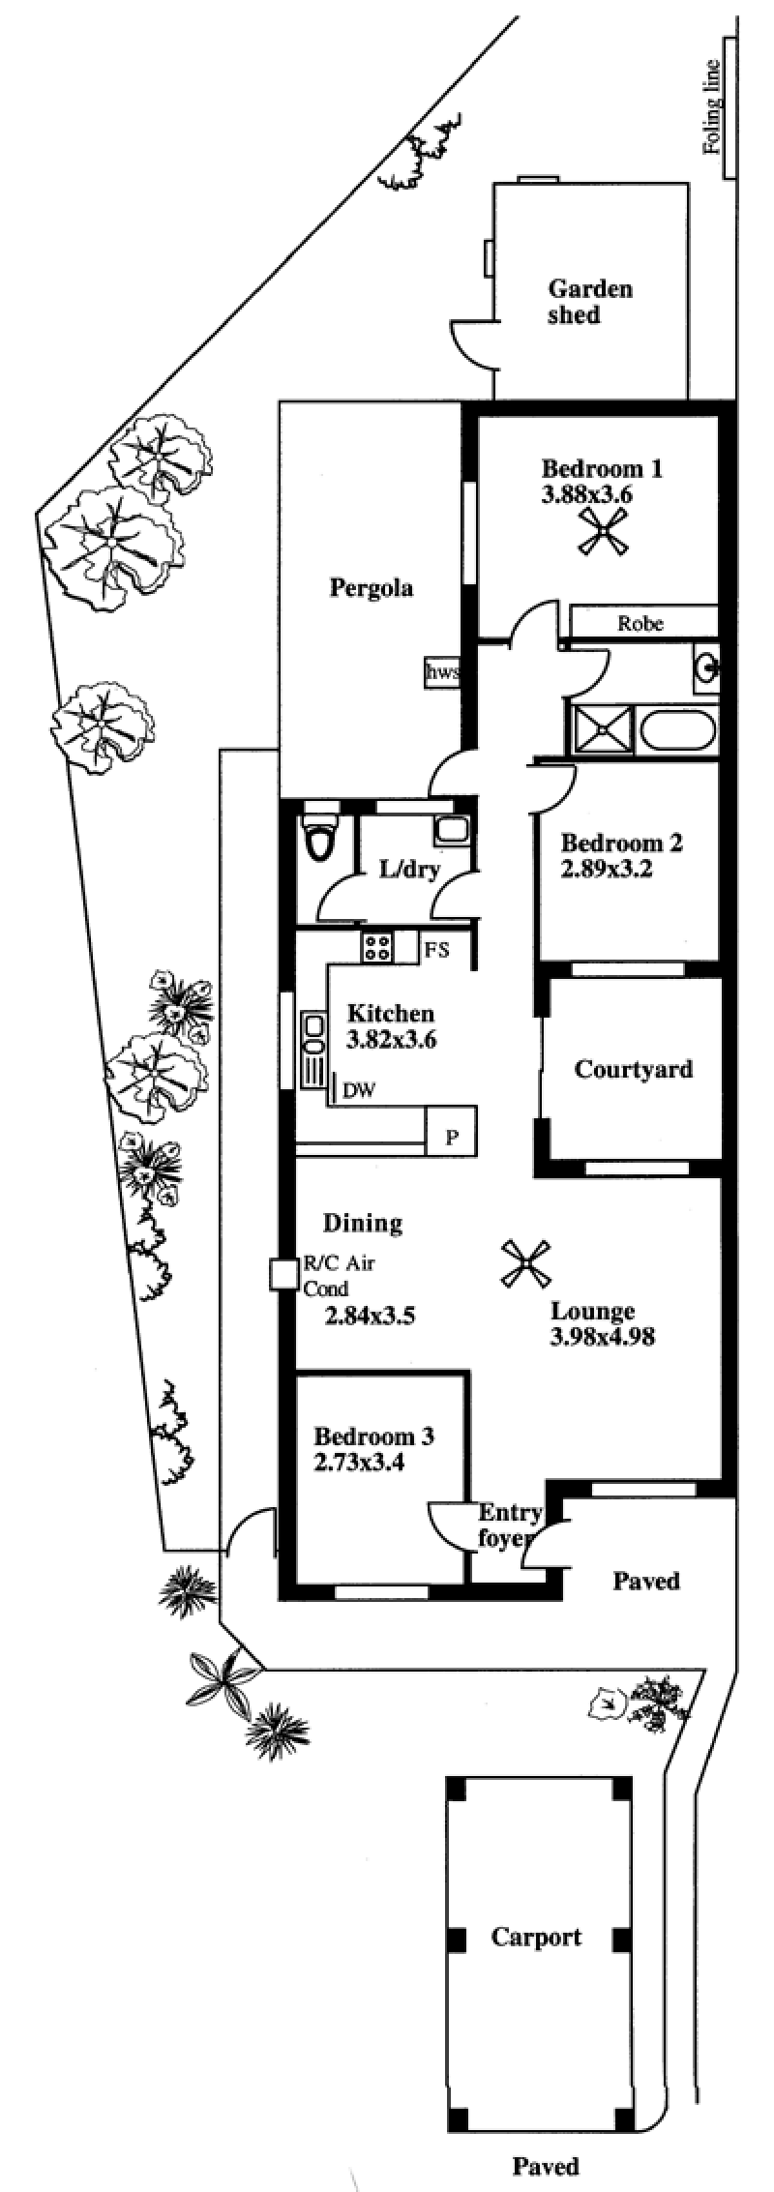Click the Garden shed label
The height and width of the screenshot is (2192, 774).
pyautogui.click(x=589, y=302)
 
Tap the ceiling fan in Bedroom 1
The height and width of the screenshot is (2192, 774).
pyautogui.click(x=604, y=533)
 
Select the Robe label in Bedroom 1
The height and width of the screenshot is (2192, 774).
pyautogui.click(x=640, y=623)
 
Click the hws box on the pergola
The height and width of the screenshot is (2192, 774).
pyautogui.click(x=442, y=673)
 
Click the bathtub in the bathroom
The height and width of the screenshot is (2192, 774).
pyautogui.click(x=677, y=729)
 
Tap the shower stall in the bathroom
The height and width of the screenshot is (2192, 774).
pyautogui.click(x=603, y=729)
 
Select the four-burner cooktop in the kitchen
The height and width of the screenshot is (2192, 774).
pyautogui.click(x=375, y=947)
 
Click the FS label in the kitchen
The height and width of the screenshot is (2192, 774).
pyautogui.click(x=437, y=950)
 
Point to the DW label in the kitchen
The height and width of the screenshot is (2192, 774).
pyautogui.click(x=359, y=1091)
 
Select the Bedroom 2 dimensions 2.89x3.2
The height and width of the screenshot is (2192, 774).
pyautogui.click(x=605, y=869)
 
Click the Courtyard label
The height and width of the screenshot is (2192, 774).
pyautogui.click(x=634, y=1069)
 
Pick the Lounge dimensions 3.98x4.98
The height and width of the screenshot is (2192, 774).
pyautogui.click(x=603, y=1337)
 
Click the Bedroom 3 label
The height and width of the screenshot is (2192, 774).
pyautogui.click(x=373, y=1437)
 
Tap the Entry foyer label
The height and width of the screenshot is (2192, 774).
pyautogui.click(x=508, y=1526)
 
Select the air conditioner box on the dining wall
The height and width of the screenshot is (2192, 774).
pyautogui.click(x=284, y=1274)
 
